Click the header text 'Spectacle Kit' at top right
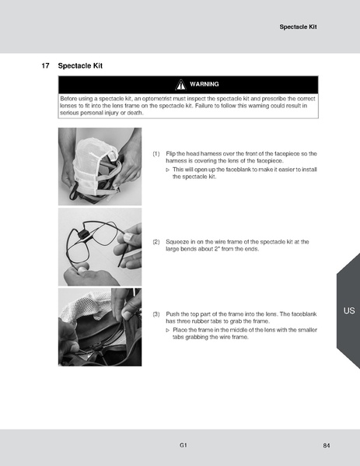[299, 27]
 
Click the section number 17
[46, 66]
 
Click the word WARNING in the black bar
[204, 84]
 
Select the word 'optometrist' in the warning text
[152, 99]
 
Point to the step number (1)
[156, 154]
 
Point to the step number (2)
[156, 242]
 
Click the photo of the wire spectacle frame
[100, 247]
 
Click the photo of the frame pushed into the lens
[100, 327]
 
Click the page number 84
[326, 445]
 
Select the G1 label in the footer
[182, 445]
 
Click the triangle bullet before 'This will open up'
[168, 169]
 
